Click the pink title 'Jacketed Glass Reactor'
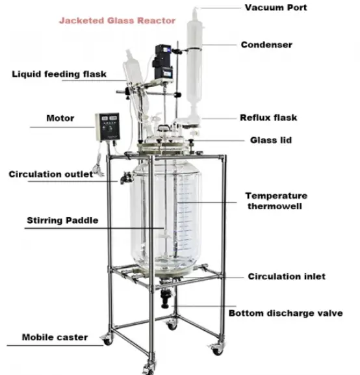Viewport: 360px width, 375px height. (117, 21)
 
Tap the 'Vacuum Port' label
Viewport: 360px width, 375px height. (276, 7)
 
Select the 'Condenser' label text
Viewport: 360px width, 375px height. (266, 45)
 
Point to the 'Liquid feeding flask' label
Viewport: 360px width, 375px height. (59, 74)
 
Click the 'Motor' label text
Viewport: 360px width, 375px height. (60, 118)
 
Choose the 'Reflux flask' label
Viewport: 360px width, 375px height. (268, 118)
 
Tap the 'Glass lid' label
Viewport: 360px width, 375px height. (271, 140)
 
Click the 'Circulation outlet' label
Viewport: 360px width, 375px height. (51, 174)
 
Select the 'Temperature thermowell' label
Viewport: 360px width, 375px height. (276, 201)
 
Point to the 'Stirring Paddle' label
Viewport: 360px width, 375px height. (62, 220)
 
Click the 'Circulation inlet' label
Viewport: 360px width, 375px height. (287, 276)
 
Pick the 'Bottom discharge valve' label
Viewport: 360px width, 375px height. (286, 313)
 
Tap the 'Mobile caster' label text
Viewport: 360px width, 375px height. (55, 337)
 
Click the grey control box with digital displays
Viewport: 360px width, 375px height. (108, 127)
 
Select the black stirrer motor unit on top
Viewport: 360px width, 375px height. (163, 62)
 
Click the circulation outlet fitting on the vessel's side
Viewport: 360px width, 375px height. (126, 177)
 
